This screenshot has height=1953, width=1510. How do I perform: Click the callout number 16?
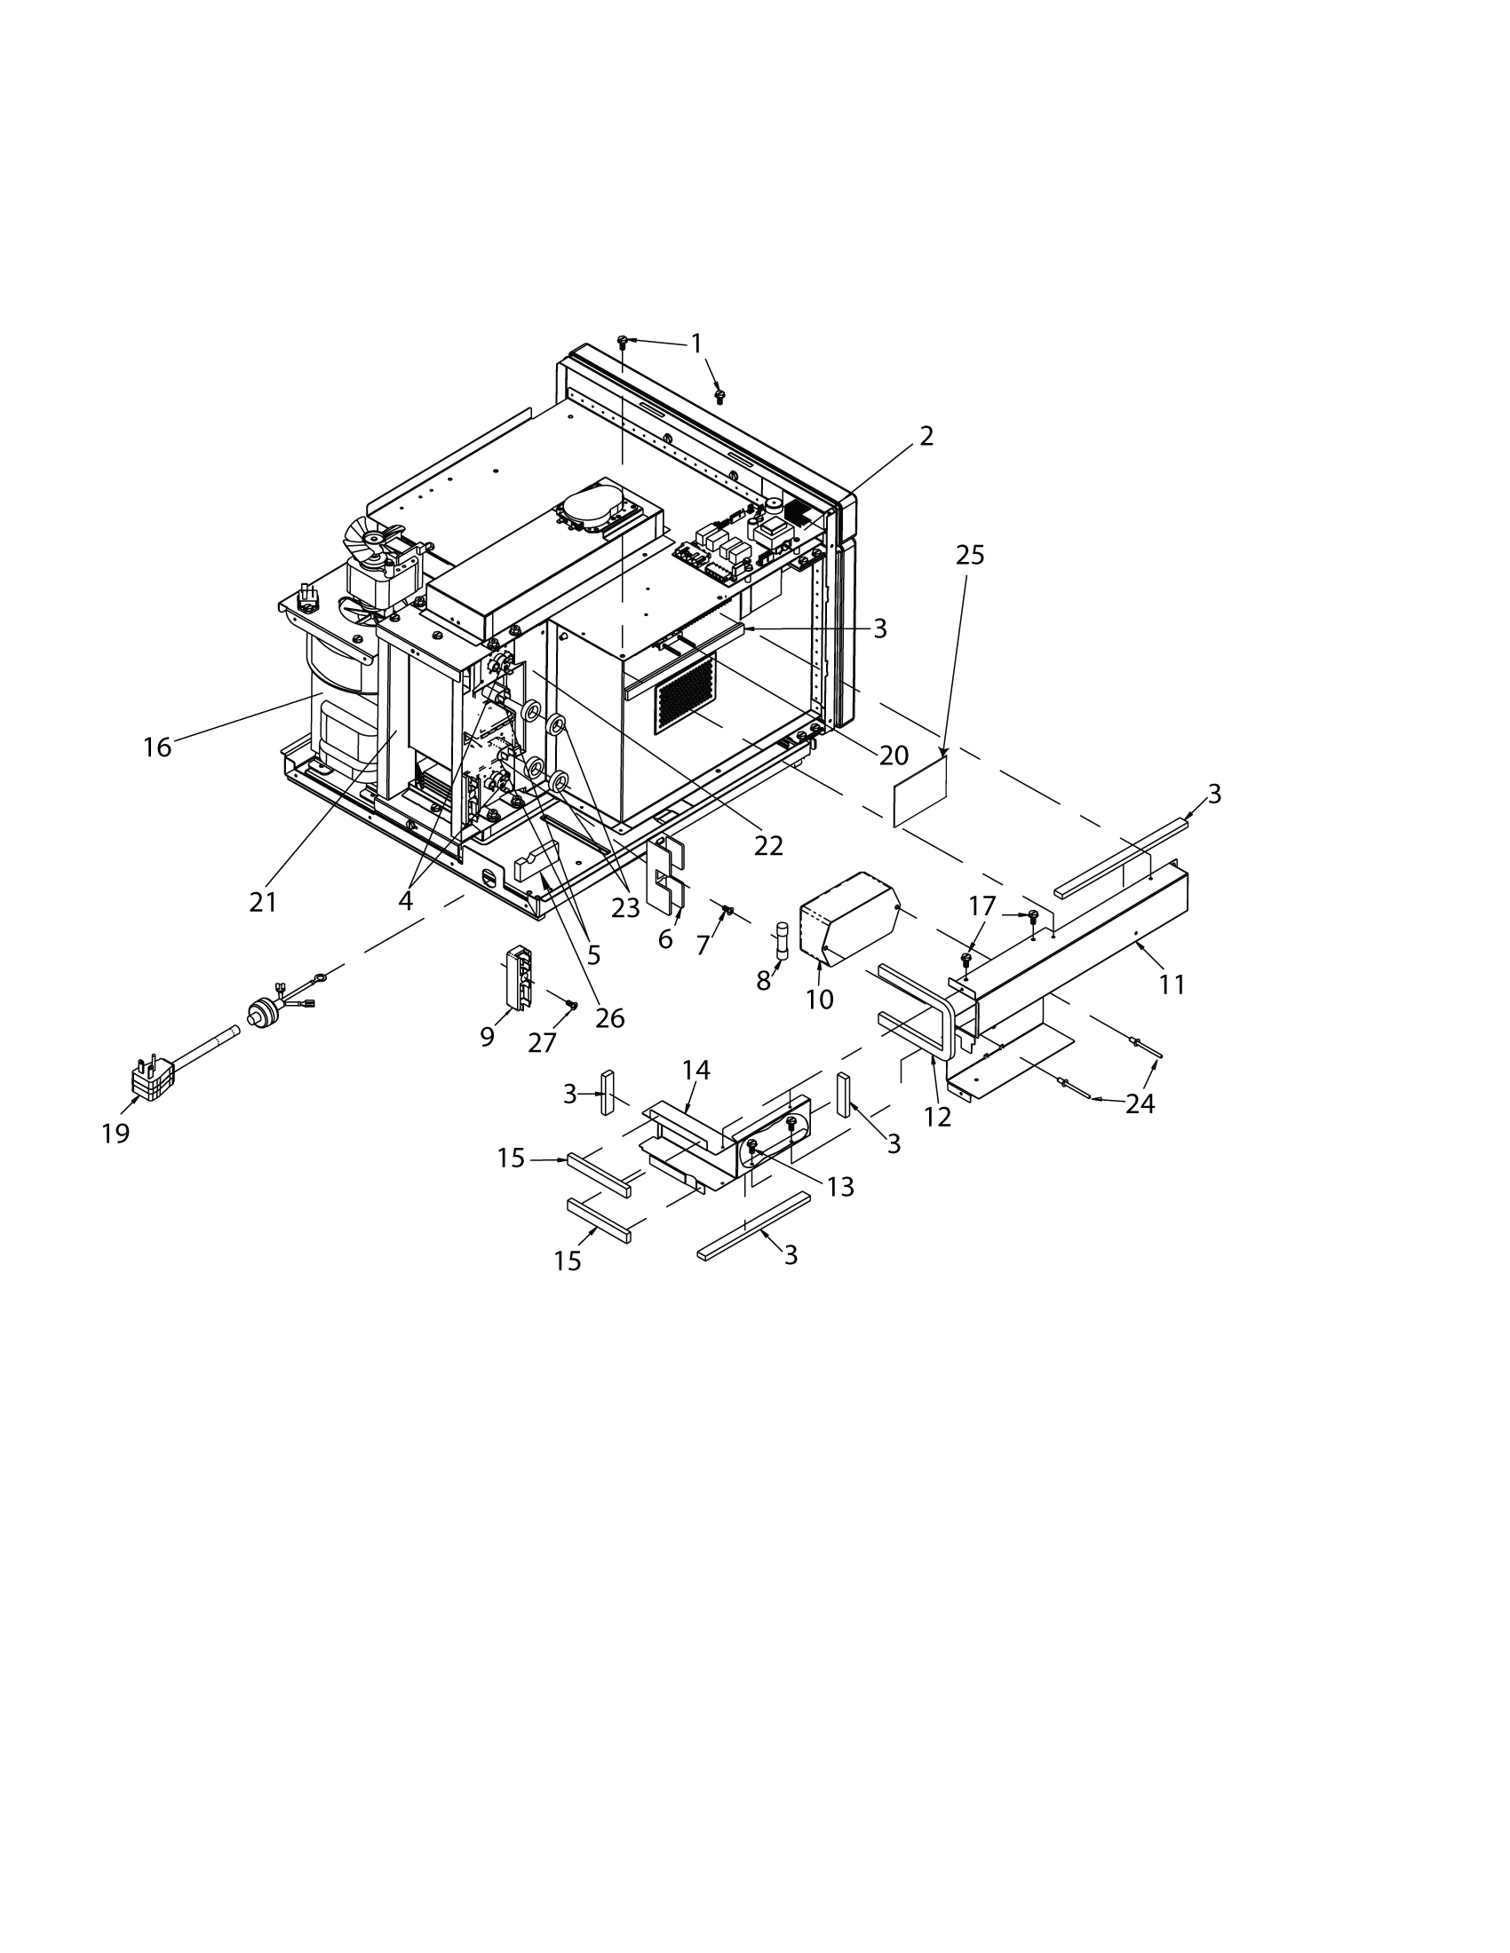[157, 747]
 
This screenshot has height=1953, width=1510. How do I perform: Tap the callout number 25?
[970, 556]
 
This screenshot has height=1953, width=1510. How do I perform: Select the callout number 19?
[115, 1133]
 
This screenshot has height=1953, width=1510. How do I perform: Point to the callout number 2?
[926, 436]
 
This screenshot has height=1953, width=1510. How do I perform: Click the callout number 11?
[1172, 984]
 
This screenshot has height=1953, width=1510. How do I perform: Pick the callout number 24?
[1140, 1103]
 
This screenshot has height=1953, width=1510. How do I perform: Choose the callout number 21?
[263, 902]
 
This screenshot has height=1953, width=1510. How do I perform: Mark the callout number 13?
[841, 1187]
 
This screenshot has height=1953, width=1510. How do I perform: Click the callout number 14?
[696, 1070]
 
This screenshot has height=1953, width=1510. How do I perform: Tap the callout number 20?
[894, 755]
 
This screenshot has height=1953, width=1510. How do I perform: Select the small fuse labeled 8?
[783, 940]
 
